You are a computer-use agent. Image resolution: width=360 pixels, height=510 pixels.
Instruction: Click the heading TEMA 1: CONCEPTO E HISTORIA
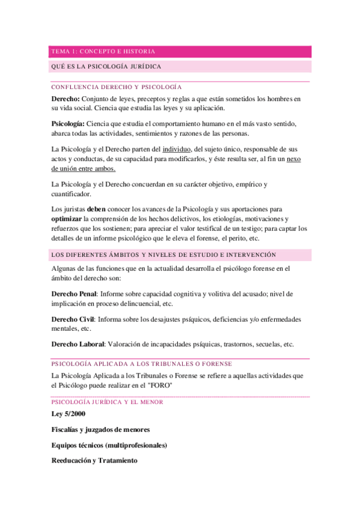tap(103, 52)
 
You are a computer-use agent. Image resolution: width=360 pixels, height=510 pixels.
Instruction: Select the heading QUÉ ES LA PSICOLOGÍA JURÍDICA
tap(106, 66)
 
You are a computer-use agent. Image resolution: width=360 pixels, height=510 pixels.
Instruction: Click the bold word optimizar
tap(67, 219)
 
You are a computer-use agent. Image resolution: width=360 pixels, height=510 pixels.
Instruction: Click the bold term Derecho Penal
tap(74, 293)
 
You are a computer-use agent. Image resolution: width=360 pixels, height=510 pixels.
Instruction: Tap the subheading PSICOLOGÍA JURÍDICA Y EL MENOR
tap(107, 402)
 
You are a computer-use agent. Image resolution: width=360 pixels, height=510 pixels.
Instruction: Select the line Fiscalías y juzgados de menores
tap(100, 429)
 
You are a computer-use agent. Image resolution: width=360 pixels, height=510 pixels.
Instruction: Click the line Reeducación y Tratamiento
tap(94, 461)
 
